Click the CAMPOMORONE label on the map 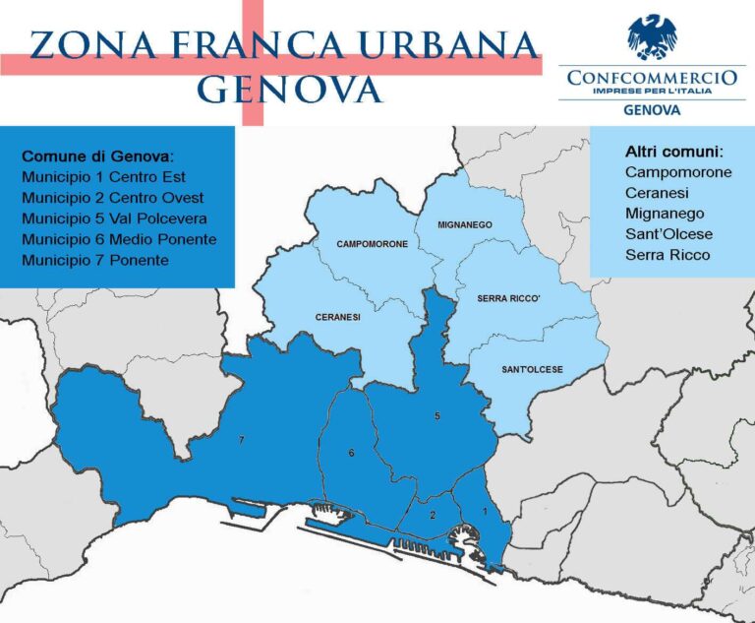pos(372,243)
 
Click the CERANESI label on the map pos(337,318)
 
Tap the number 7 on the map pos(241,440)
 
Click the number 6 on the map pos(351,453)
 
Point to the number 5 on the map pos(437,417)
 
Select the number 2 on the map pos(433,515)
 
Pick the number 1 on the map pos(484,511)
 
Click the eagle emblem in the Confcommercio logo pos(652,37)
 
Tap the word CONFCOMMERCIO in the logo pos(652,76)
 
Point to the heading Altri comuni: pos(673,153)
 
